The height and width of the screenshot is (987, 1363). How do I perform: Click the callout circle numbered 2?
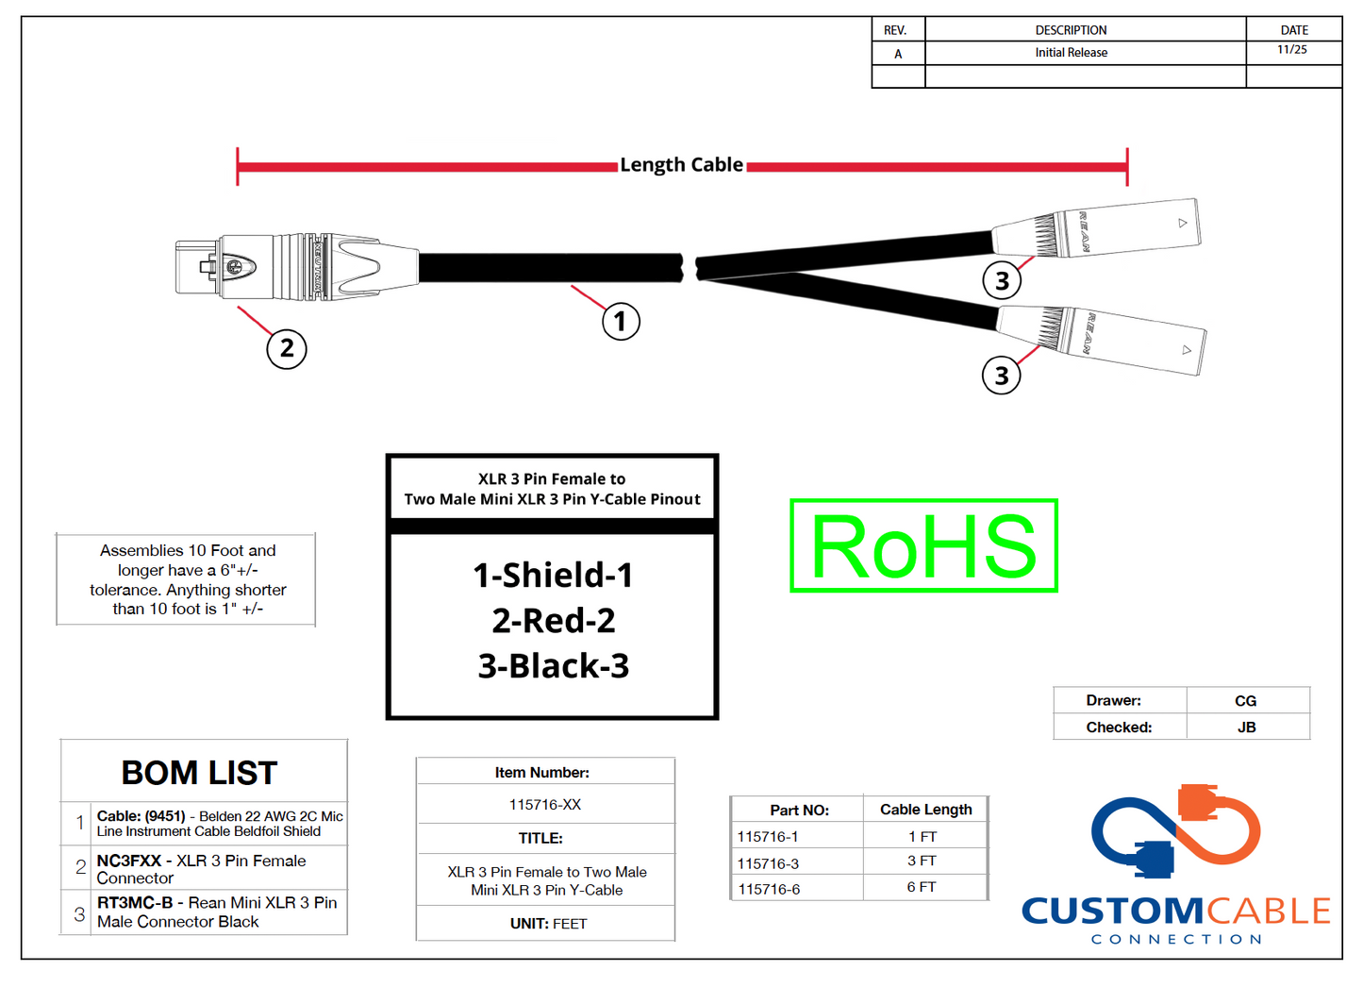287,348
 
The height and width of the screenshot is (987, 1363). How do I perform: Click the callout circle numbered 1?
621,322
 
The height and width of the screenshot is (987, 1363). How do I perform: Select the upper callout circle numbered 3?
1002,280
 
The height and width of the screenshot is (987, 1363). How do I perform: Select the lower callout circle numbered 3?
1001,376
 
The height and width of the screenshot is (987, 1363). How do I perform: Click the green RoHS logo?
923,546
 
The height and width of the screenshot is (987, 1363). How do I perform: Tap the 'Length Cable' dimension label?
681,165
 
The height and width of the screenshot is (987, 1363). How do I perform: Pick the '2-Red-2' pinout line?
553,621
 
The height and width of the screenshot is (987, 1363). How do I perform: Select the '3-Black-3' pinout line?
553,666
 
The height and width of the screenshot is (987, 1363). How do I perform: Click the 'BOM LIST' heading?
199,773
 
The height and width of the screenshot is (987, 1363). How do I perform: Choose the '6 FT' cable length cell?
922,887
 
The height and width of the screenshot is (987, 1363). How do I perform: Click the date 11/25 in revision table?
1292,50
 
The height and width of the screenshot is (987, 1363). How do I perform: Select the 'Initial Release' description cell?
1071,53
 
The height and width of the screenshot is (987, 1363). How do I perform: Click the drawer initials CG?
1245,701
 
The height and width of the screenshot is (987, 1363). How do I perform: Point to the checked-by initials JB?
1246,728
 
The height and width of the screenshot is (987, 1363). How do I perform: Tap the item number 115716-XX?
545,805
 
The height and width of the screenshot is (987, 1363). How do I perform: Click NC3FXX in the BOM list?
129,861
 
